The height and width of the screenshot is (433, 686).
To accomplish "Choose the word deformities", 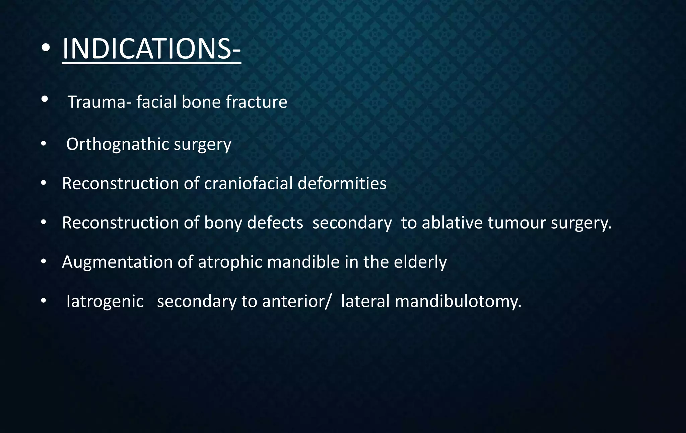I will click(342, 184).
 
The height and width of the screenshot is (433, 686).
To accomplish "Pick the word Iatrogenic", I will click(105, 301).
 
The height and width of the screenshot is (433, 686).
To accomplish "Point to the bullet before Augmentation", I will click(43, 262).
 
